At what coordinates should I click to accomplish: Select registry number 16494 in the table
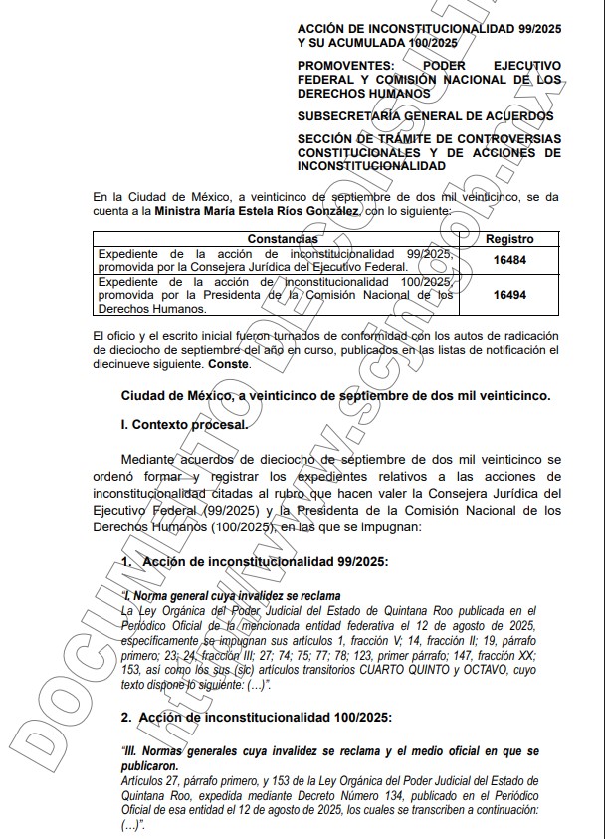(x=508, y=295)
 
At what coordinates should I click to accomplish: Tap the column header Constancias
(x=283, y=239)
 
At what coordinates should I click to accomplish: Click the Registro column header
(x=508, y=239)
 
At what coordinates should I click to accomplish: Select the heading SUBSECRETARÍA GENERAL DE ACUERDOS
(x=425, y=116)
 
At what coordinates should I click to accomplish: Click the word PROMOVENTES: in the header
(x=348, y=66)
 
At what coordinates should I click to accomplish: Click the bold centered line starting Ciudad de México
(x=335, y=395)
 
